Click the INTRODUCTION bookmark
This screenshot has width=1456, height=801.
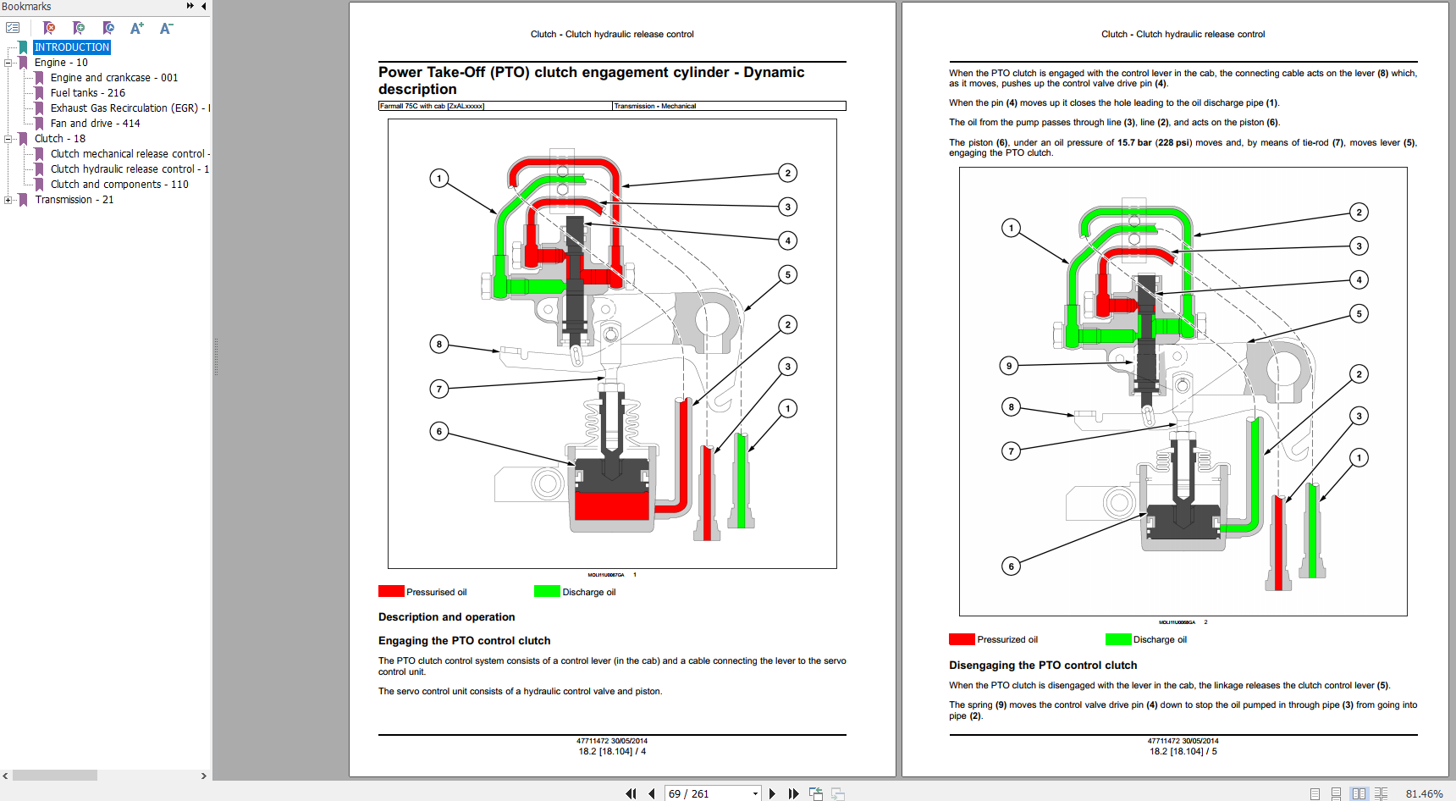72,47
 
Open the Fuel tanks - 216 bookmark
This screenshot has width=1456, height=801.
87,93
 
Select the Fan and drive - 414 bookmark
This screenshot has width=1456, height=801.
95,124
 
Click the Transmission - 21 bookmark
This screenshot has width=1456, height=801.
74,200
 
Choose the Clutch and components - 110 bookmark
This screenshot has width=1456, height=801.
119,185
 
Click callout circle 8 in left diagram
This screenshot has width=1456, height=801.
438,344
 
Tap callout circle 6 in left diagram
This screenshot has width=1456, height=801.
438,431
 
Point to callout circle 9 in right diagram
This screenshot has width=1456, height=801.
1008,366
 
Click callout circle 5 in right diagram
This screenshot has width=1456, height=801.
1359,313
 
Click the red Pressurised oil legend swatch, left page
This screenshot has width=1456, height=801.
391,591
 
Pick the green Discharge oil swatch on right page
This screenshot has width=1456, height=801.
1117,639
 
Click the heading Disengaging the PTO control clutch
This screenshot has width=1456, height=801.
1043,666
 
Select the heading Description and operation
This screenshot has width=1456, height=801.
446,617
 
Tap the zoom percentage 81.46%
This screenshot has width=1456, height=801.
1424,793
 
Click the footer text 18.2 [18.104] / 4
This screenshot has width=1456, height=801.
612,751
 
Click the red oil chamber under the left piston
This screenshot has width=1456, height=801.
611,505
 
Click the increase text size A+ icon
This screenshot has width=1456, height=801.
136,28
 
